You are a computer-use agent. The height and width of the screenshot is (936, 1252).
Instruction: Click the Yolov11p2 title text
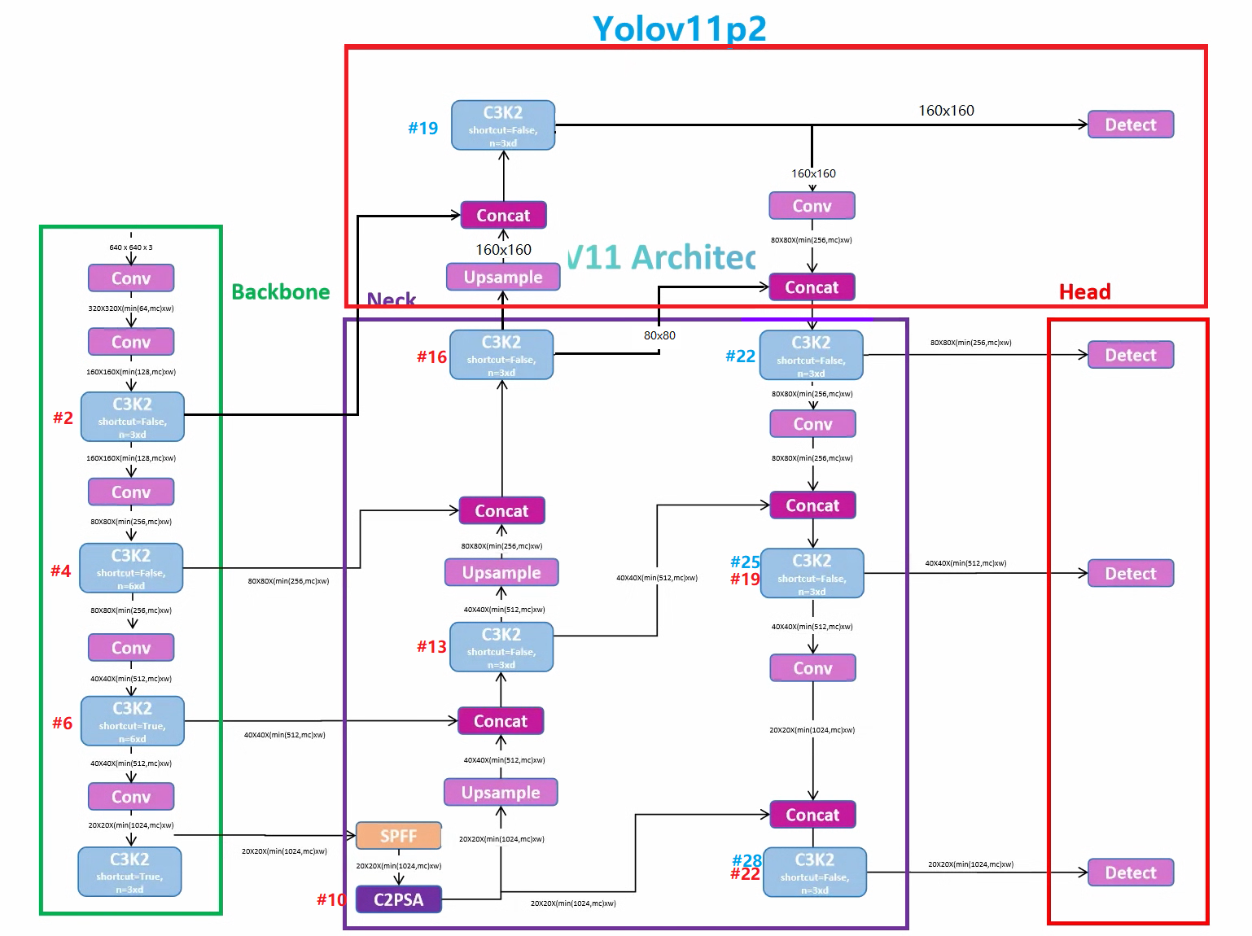tap(679, 28)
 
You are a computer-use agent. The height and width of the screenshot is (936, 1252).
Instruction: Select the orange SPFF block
tap(398, 836)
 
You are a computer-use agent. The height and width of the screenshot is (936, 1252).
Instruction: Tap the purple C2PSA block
tap(398, 899)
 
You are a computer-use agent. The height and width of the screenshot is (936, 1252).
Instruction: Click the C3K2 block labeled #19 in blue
tap(503, 125)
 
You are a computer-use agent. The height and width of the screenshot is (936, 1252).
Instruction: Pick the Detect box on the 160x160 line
tap(1130, 125)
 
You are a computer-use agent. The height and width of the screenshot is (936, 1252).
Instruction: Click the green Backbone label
tap(281, 292)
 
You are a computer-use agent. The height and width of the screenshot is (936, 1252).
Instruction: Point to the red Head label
tap(1084, 292)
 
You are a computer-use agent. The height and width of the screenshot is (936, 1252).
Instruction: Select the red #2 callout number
tap(63, 418)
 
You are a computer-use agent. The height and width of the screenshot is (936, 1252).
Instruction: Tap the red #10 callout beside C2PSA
tap(331, 899)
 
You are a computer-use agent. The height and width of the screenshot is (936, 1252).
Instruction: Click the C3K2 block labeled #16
tap(501, 355)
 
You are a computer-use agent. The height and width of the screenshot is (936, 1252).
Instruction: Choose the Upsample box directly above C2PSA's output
tap(501, 792)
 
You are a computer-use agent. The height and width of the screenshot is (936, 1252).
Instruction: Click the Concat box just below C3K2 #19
tap(503, 216)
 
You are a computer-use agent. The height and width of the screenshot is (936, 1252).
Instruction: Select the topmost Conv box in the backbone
tap(131, 278)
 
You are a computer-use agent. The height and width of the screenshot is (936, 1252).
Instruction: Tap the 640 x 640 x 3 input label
tap(131, 247)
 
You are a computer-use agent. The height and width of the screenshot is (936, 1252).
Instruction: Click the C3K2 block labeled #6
tap(132, 721)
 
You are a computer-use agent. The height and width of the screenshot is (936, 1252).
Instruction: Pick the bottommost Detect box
tap(1130, 873)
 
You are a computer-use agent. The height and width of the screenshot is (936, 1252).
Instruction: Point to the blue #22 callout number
tap(740, 356)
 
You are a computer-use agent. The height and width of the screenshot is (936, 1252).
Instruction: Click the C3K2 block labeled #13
tap(501, 647)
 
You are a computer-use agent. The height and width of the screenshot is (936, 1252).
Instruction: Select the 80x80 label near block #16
tap(659, 335)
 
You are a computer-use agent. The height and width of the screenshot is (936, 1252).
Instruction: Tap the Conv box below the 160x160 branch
tap(812, 206)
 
